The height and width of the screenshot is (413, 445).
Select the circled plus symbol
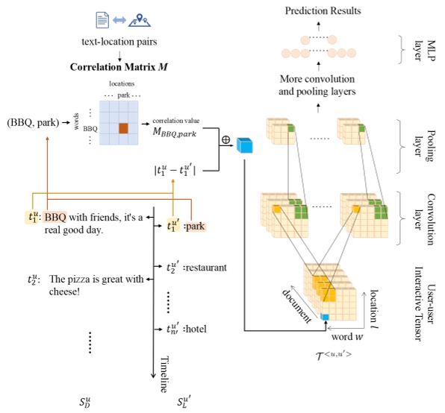pyautogui.click(x=225, y=139)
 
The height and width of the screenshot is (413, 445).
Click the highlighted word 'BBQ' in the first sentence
pyautogui.click(x=56, y=218)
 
